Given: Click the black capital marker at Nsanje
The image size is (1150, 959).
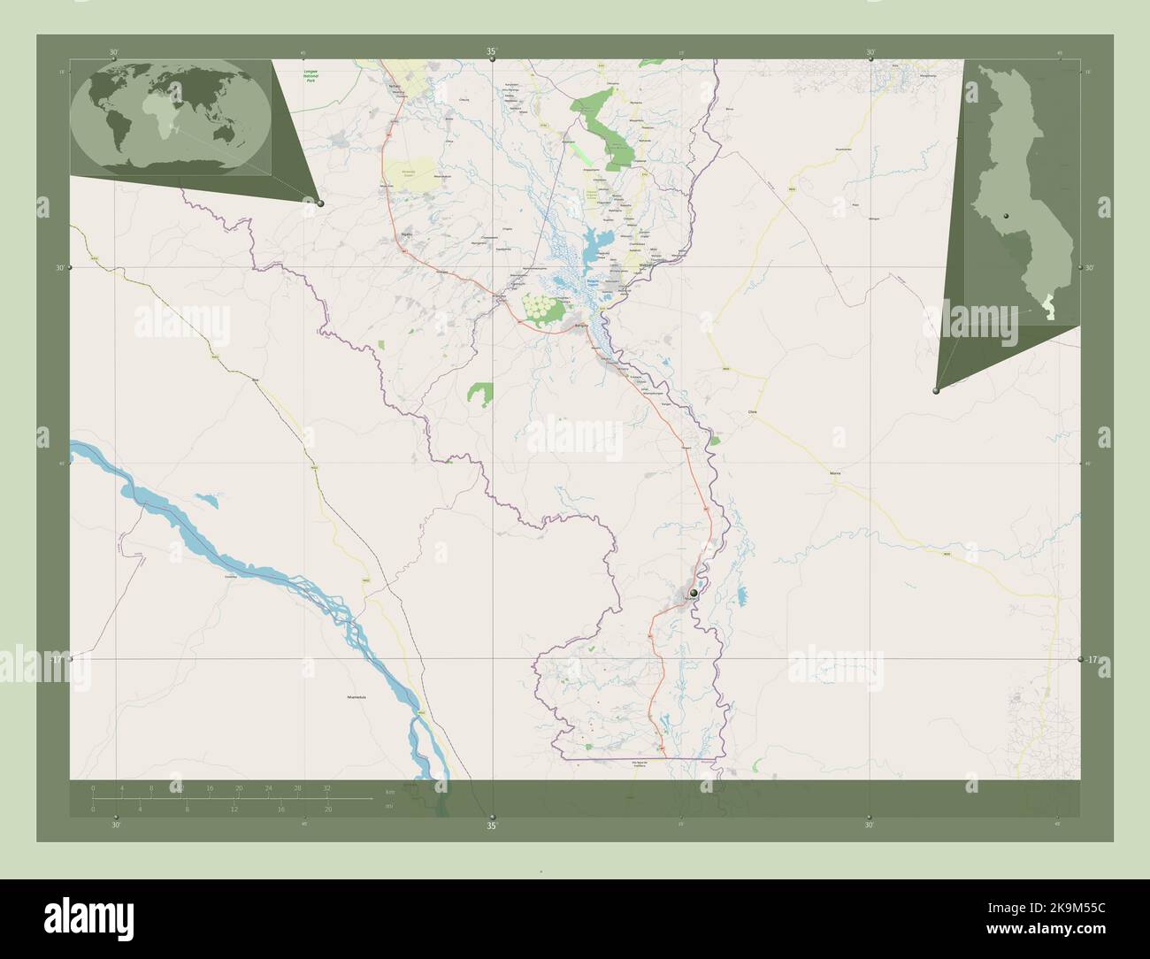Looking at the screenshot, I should [694, 592].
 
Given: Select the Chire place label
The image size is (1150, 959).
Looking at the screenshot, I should [754, 412].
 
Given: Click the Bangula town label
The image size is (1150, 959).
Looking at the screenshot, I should [581, 326].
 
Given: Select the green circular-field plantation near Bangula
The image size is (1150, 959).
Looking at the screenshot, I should [542, 306].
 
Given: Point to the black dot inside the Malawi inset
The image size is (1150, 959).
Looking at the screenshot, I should [1007, 217].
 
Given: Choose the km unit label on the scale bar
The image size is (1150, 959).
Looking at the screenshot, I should [390, 790].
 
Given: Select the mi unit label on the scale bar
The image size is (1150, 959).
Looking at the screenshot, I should [390, 806].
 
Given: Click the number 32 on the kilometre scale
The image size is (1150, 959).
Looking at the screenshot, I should [326, 786].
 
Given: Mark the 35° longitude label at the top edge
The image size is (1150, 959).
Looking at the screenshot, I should [492, 52].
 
